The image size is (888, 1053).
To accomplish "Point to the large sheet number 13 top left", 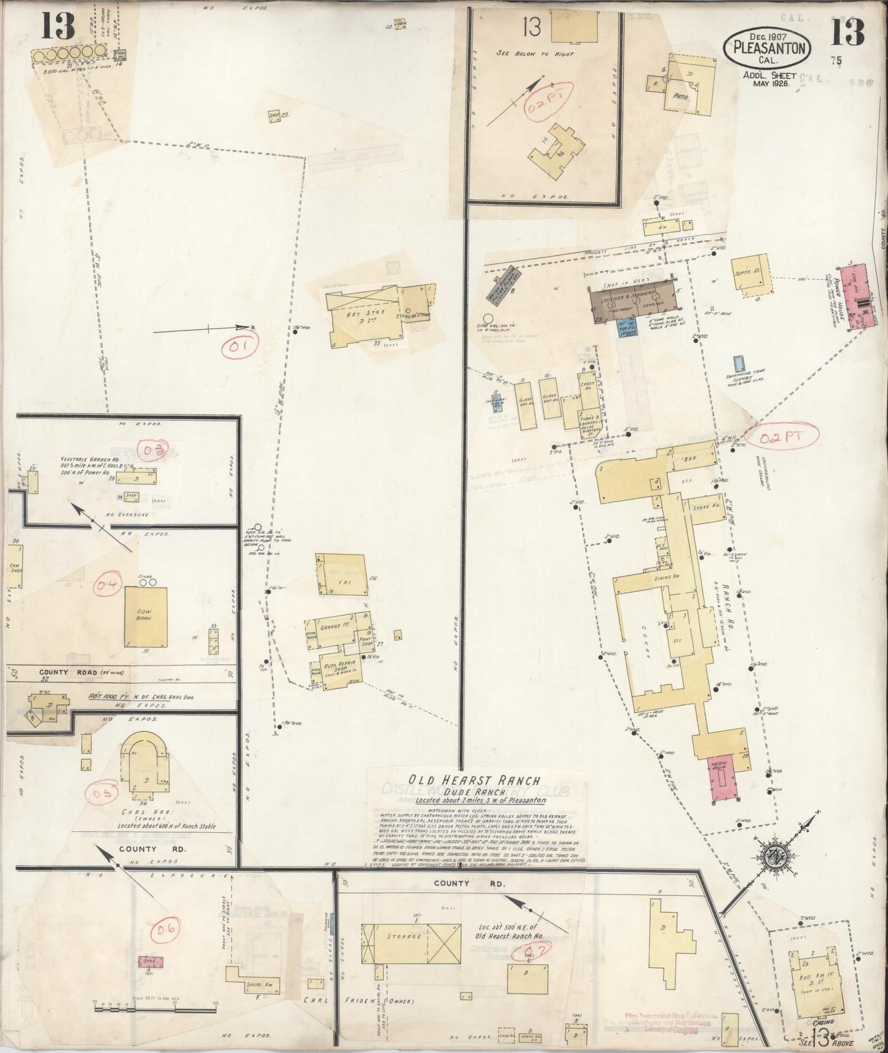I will pos(58,27).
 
